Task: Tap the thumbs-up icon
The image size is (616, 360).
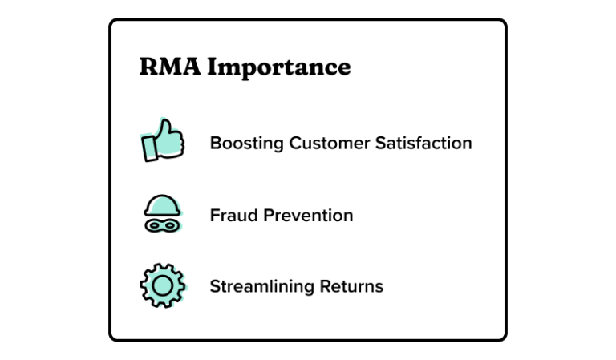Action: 163,141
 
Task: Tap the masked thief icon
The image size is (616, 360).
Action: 163,214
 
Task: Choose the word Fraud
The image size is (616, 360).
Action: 230,216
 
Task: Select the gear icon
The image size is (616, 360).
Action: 163,285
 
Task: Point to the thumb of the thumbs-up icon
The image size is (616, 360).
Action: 166,127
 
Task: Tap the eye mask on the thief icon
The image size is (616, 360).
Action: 163,226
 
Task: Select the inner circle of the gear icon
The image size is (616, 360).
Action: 163,285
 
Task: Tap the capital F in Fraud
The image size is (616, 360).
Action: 214,216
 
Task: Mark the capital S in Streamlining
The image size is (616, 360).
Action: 215,287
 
